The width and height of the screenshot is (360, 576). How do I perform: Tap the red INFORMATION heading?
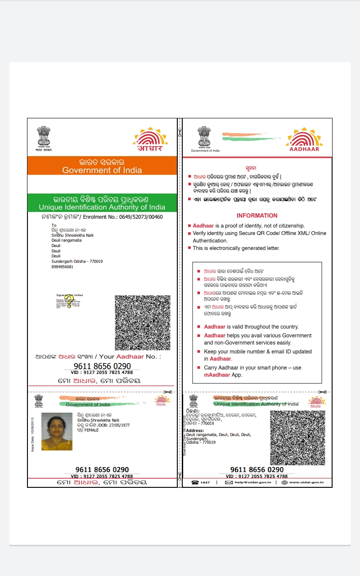point(257,216)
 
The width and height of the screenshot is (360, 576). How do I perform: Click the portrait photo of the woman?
point(57,431)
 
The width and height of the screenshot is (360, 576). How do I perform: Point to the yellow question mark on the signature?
point(69,301)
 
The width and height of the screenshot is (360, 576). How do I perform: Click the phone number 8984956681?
point(63,267)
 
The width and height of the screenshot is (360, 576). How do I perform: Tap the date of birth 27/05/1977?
point(117,425)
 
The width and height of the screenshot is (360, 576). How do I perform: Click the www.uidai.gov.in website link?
point(306,482)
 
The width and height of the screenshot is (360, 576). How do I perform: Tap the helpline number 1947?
point(205,482)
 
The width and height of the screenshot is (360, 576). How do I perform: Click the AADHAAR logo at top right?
point(304,140)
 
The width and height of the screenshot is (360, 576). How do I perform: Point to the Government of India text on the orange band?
point(102,170)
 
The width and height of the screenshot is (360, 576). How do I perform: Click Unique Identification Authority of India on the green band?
point(102,207)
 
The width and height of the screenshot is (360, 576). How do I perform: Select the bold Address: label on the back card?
point(195,431)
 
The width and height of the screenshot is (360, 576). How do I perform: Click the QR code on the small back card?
point(297,438)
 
